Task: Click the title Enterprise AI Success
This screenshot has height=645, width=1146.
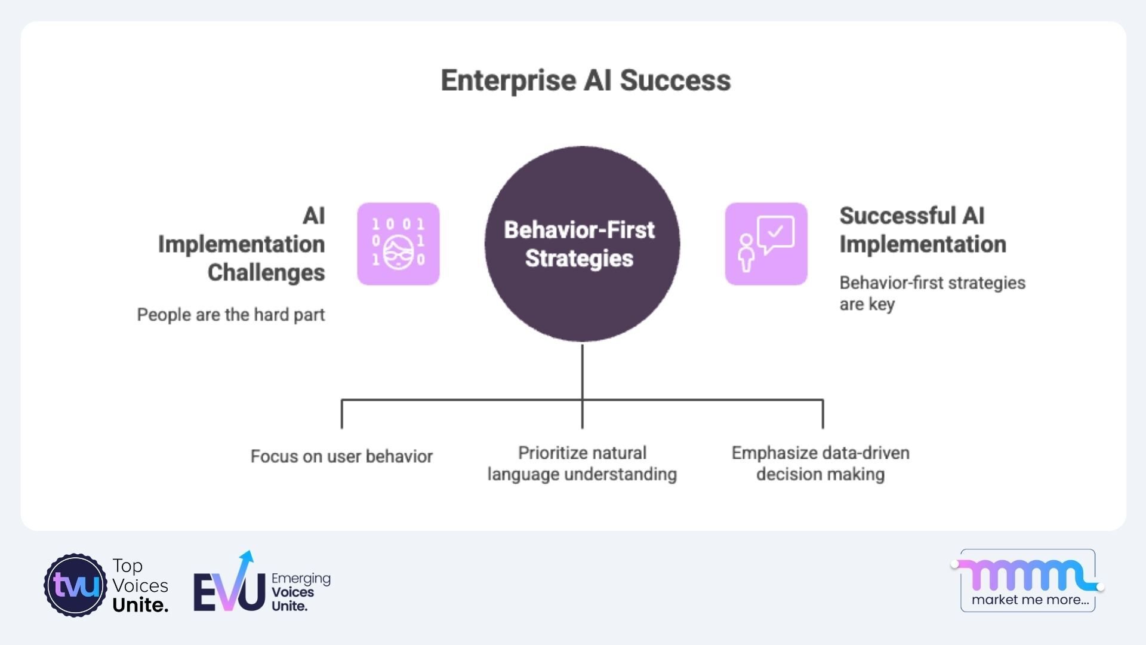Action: point(586,81)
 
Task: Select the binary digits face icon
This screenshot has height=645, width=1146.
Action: point(398,244)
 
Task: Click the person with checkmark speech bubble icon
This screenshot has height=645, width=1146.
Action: point(766,244)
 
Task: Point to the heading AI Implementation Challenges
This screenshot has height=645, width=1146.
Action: point(242,244)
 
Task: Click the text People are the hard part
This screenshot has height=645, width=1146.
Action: point(231,315)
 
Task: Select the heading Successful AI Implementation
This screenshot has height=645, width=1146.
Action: point(922,230)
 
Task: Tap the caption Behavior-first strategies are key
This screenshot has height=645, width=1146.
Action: point(932,293)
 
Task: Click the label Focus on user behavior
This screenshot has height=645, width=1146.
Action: point(341,456)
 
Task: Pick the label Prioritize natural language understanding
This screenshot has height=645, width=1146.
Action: point(582,463)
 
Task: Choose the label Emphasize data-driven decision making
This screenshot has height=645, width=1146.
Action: point(820,463)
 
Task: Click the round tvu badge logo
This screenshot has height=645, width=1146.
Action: point(75,585)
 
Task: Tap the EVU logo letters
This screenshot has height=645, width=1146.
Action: point(229,591)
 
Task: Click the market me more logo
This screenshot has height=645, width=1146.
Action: point(1028,580)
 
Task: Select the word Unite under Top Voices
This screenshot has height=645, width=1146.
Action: point(140,605)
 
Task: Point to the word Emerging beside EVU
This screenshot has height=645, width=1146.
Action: point(301,578)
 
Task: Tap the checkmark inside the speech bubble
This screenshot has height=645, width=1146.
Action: point(775,231)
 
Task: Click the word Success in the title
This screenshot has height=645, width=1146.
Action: point(675,81)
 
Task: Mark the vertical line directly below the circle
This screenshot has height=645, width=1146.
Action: point(582,370)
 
